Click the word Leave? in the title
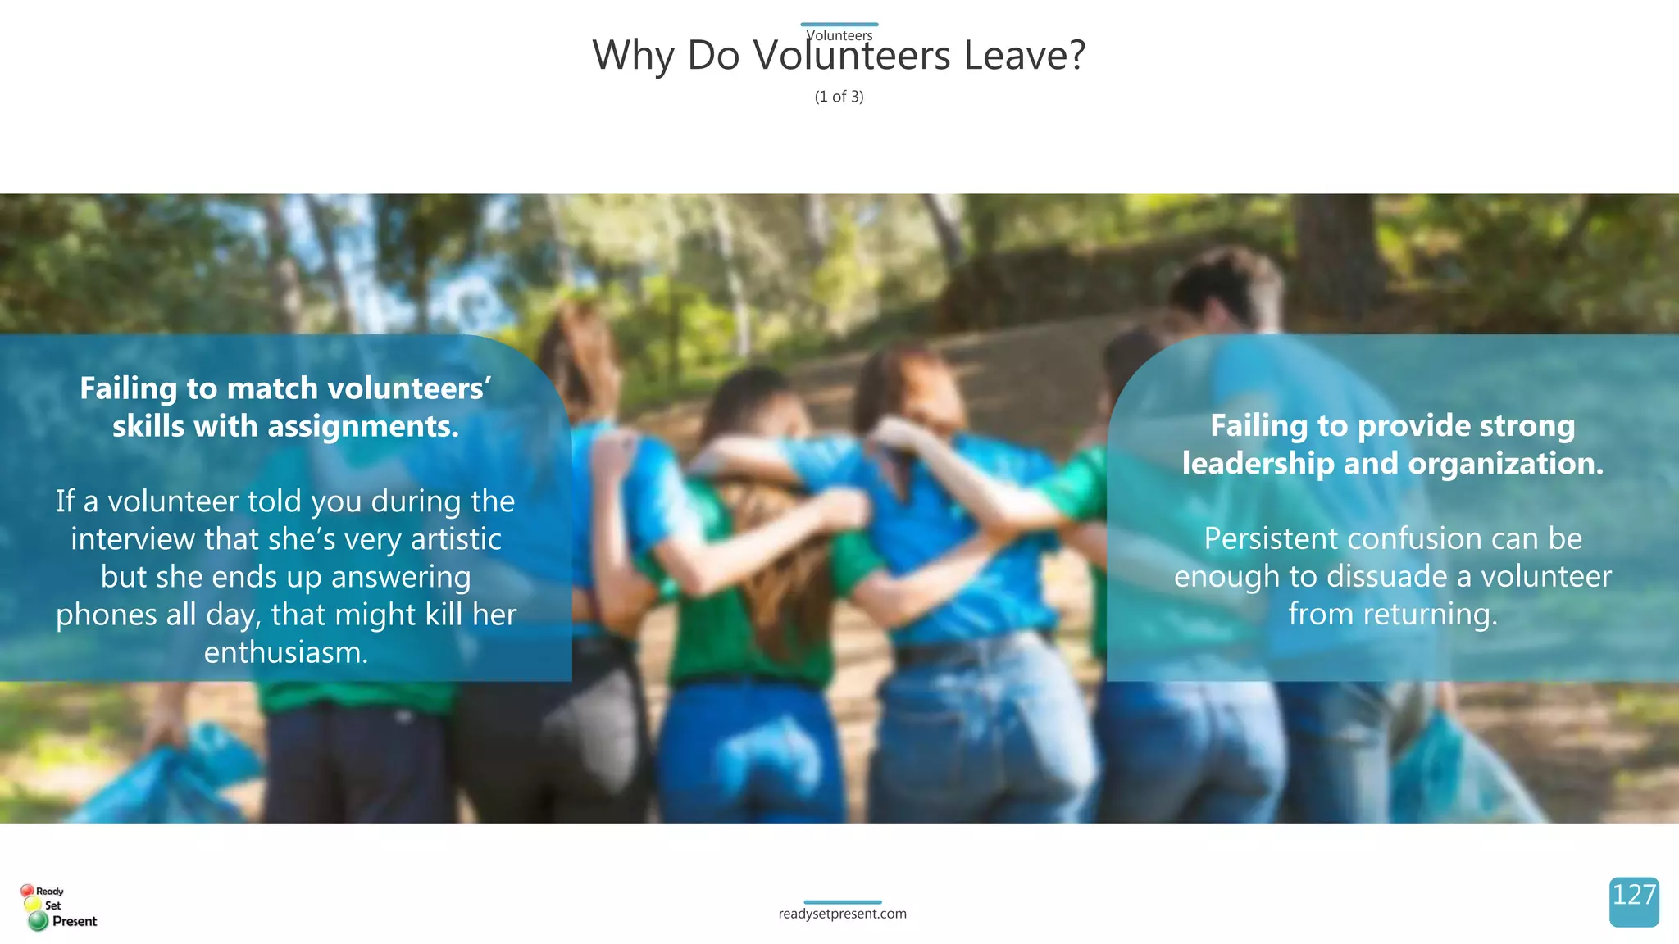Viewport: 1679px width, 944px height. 1024,56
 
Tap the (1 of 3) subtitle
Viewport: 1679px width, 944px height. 839,97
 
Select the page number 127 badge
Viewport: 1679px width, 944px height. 1634,901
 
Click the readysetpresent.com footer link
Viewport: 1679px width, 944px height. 842,914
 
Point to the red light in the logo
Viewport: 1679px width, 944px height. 27,891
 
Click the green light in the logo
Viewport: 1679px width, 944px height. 38,922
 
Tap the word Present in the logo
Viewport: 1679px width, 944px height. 75,921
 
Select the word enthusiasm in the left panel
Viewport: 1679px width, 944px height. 285,653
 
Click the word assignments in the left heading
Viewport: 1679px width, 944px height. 362,426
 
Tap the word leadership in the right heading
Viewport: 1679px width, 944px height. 1258,464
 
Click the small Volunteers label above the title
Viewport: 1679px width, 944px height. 839,35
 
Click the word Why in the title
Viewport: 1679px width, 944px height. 633,56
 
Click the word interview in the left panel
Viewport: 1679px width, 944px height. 133,539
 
